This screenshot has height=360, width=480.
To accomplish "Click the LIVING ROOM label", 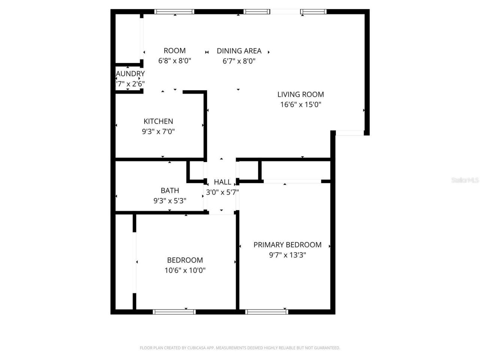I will pyautogui.click(x=300, y=94).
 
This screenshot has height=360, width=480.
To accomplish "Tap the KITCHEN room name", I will pyautogui.click(x=158, y=121).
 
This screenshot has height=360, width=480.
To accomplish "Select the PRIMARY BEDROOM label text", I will pyautogui.click(x=287, y=245).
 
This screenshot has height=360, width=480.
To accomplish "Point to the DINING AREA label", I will pyautogui.click(x=239, y=51).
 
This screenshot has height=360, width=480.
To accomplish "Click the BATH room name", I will pyautogui.click(x=170, y=190).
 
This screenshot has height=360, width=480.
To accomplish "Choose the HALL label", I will pyautogui.click(x=222, y=182).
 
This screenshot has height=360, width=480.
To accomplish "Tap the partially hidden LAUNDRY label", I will pyautogui.click(x=130, y=73).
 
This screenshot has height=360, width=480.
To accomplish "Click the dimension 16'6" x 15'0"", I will pyautogui.click(x=300, y=105).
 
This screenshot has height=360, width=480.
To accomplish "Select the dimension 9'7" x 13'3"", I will pyautogui.click(x=287, y=255).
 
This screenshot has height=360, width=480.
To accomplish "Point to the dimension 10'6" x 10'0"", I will pyautogui.click(x=185, y=270).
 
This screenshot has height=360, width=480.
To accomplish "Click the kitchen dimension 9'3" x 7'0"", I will pyautogui.click(x=158, y=132).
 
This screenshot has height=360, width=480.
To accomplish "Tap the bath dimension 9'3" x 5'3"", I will pyautogui.click(x=170, y=201).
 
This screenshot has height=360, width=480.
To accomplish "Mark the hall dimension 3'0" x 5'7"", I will pyautogui.click(x=222, y=192).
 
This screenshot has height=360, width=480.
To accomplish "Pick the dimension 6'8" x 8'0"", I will pyautogui.click(x=175, y=61).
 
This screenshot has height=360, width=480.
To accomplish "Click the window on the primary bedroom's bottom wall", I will pyautogui.click(x=267, y=312).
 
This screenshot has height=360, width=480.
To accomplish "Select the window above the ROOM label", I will pyautogui.click(x=175, y=12).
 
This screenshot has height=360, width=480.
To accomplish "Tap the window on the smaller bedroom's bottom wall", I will pyautogui.click(x=174, y=312).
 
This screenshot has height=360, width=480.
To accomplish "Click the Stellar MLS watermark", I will pyautogui.click(x=465, y=180).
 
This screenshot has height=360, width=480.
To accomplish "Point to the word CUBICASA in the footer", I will pyautogui.click(x=198, y=348).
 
